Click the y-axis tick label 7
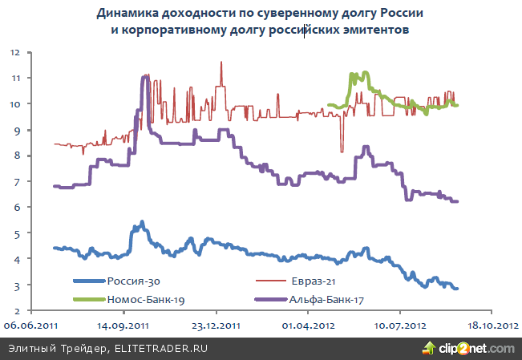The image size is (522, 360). pos(17,182)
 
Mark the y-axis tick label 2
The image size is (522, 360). pos(17,311)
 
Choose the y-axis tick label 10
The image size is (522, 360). pos(14,104)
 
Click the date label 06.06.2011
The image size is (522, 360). pos(31,327)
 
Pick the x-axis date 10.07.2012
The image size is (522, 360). pos(400,327)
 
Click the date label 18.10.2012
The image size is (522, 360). pos(492,327)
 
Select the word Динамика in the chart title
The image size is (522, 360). pos(131,14)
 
